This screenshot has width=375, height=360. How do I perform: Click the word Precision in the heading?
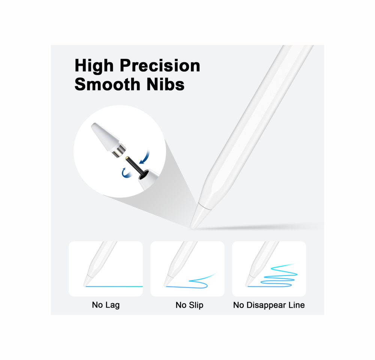click(x=160, y=65)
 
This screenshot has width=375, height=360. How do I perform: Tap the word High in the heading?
click(x=94, y=66)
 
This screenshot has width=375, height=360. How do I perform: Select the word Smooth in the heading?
click(x=107, y=84)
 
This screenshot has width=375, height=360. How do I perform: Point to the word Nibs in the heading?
click(x=165, y=84)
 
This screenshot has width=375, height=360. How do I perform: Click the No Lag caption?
click(x=106, y=305)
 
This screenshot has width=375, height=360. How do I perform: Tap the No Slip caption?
click(x=189, y=305)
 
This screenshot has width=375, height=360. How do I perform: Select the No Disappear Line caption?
click(x=269, y=305)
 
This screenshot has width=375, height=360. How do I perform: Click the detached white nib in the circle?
click(x=105, y=137)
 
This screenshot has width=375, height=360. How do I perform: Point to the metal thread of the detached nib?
click(x=119, y=151)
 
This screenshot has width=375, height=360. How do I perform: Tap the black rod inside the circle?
click(x=134, y=166)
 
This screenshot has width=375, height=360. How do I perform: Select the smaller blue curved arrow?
click(x=126, y=173)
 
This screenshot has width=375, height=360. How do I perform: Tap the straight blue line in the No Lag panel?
click(x=114, y=286)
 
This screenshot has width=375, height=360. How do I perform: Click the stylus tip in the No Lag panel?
click(x=85, y=285)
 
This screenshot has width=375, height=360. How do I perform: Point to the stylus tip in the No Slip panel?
click(x=165, y=285)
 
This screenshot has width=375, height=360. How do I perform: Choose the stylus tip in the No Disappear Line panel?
click(x=247, y=285)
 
